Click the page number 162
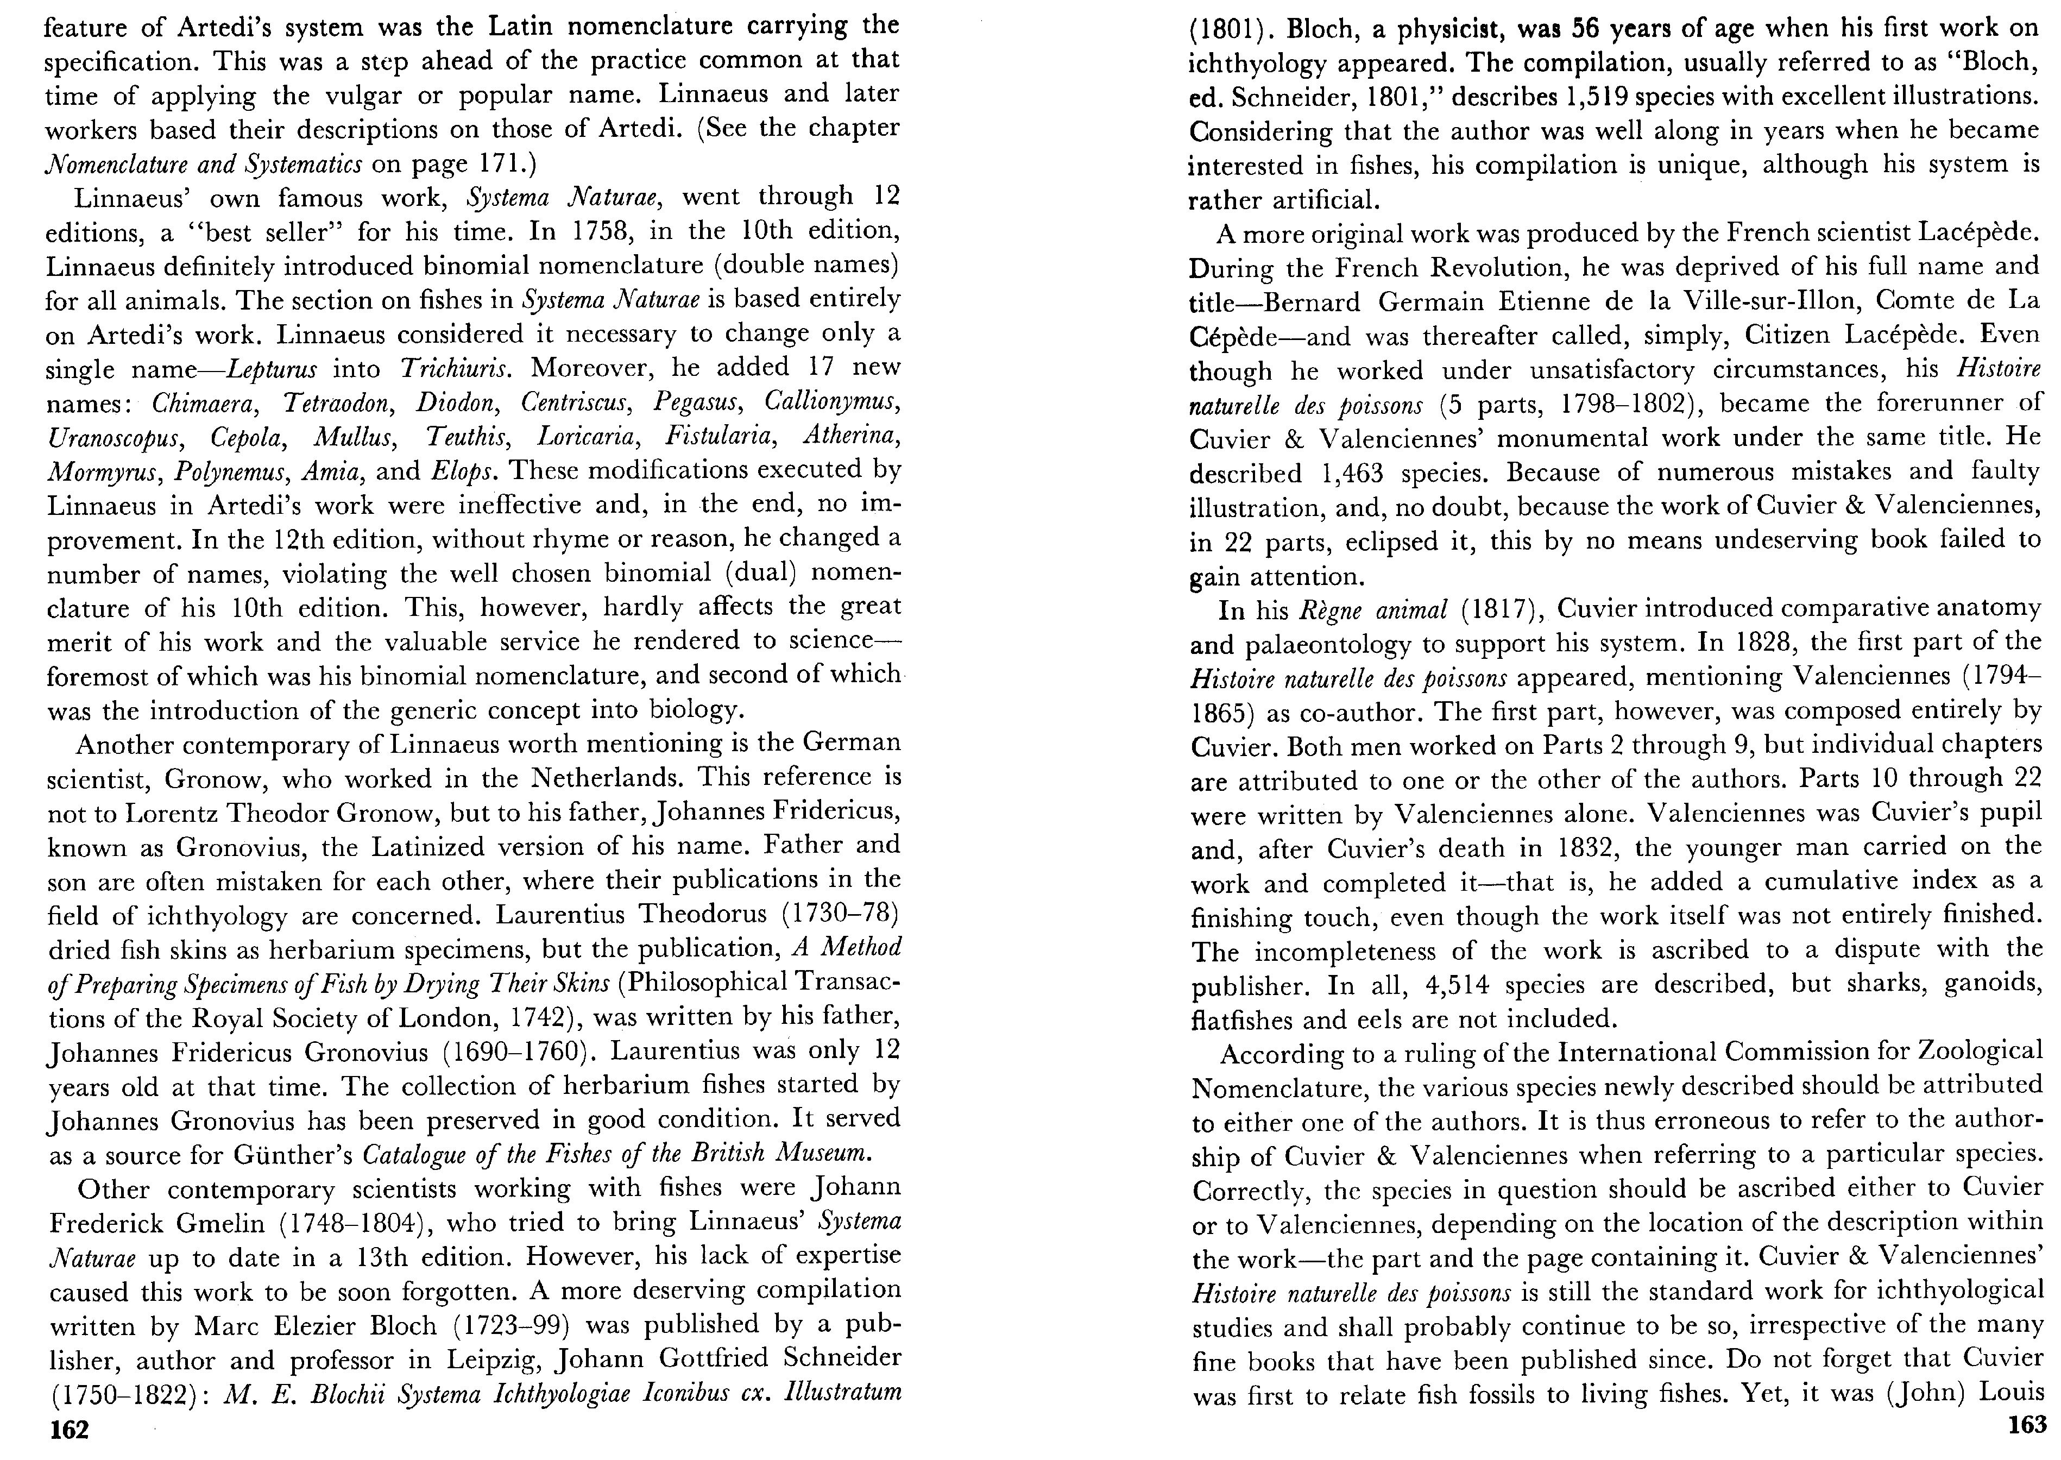click(69, 1430)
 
